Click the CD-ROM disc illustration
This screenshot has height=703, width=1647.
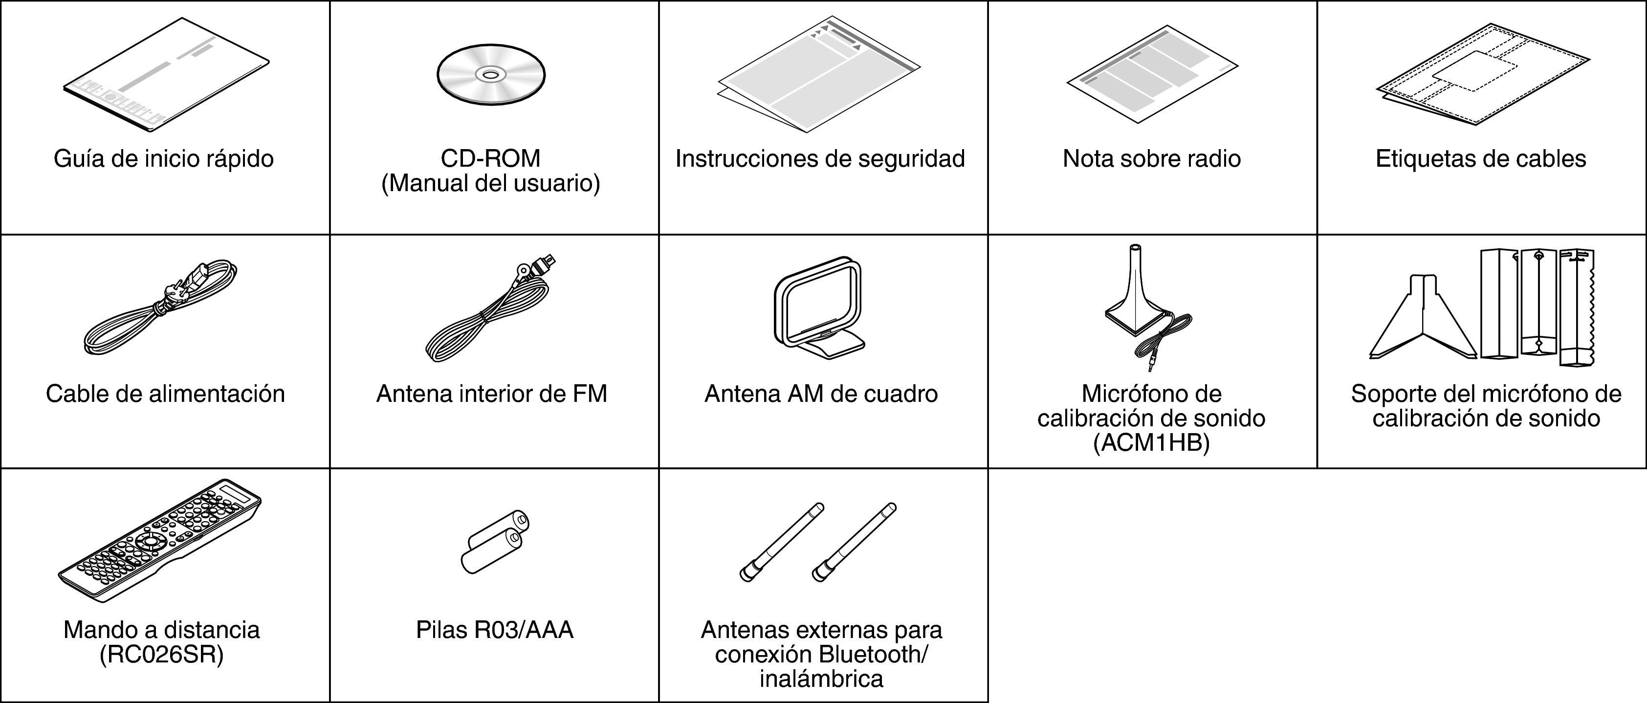pos(490,75)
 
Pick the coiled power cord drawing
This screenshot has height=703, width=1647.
pos(160,307)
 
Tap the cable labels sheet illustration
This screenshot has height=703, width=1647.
pos(1482,75)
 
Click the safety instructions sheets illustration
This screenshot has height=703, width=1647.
pos(818,77)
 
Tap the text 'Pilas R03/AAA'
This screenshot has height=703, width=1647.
pos(494,630)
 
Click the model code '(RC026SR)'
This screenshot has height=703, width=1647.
pos(162,655)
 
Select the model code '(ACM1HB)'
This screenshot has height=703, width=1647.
pos(1151,443)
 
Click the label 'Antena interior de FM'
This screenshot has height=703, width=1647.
pos(491,394)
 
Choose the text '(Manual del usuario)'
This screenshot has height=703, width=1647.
pos(490,183)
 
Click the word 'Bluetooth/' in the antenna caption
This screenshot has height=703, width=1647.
pos(872,655)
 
